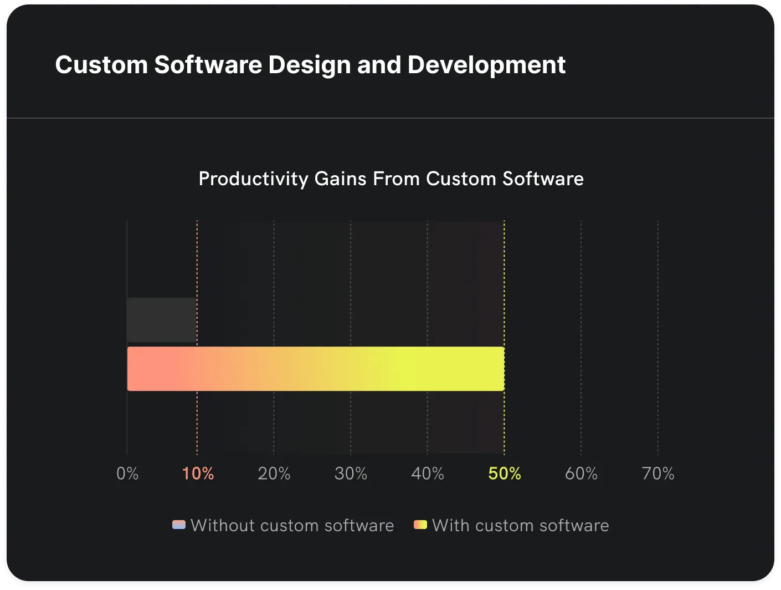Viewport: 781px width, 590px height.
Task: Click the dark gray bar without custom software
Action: click(162, 320)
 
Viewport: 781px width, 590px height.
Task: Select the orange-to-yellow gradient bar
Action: click(316, 369)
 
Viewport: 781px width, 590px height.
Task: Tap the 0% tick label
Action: click(127, 474)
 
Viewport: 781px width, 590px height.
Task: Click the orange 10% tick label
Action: click(198, 474)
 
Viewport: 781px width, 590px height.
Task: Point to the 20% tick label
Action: click(274, 474)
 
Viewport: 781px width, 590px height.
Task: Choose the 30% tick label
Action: click(351, 474)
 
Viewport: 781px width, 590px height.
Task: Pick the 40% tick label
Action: click(428, 474)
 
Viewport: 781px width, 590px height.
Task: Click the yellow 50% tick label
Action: click(505, 474)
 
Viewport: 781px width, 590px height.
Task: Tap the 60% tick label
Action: click(581, 474)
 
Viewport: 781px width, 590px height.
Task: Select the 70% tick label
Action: click(658, 474)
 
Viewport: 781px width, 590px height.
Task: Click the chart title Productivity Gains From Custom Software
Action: click(391, 179)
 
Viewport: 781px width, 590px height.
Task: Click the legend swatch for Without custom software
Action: click(179, 525)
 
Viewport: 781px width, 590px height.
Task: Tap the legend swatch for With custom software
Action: click(420, 525)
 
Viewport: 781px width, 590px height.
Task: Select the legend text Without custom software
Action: click(292, 525)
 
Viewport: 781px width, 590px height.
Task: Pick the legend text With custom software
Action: click(520, 525)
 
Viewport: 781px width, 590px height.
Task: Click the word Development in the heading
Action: click(486, 65)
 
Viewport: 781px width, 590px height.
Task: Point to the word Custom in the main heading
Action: click(101, 65)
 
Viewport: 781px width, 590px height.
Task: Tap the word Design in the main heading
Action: click(309, 65)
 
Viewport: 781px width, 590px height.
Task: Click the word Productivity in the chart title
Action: click(253, 179)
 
